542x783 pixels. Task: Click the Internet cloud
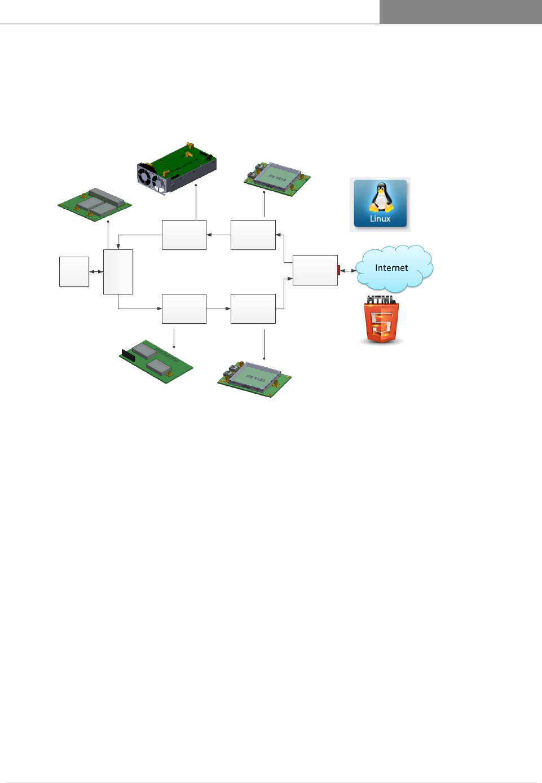[394, 268]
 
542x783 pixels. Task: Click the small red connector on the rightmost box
[339, 270]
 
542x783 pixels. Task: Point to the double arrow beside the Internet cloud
[347, 271]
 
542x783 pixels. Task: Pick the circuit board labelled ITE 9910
[277, 178]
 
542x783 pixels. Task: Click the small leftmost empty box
[74, 272]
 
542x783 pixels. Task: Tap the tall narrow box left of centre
[118, 272]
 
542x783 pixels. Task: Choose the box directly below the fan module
[184, 235]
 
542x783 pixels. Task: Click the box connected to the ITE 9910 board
[253, 235]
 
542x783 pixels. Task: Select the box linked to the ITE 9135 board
[253, 309]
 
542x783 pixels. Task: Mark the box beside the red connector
[315, 270]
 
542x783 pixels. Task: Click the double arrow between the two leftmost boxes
[96, 272]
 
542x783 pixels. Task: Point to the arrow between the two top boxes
[218, 235]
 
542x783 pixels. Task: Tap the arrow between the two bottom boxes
[218, 309]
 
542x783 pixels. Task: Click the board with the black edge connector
[156, 361]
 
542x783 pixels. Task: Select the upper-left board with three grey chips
[95, 204]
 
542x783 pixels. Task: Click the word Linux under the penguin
[380, 219]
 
